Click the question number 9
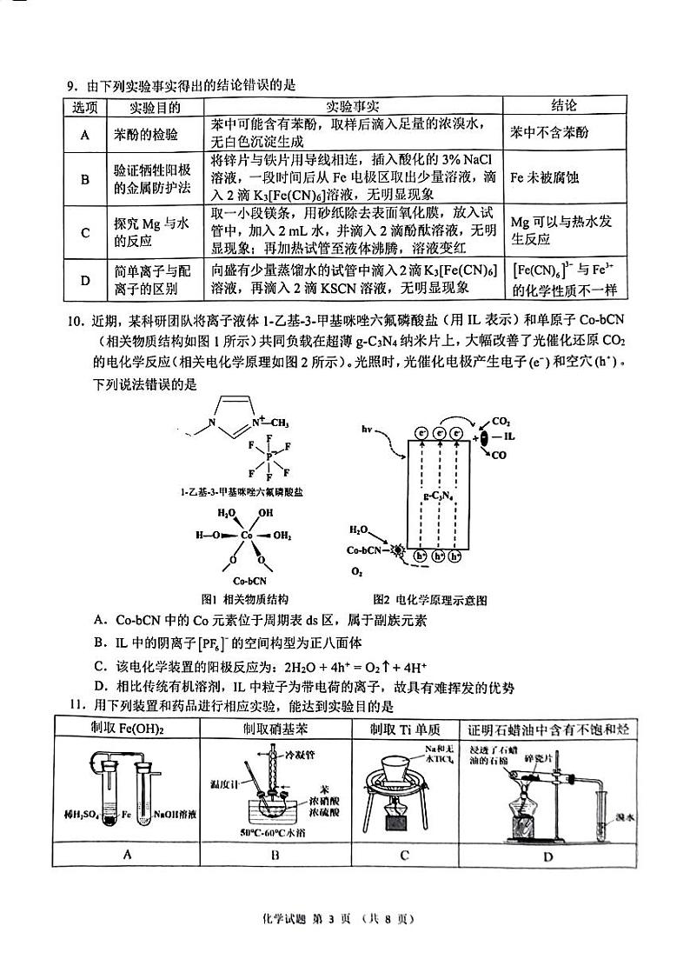[x=72, y=85]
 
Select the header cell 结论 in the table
[x=563, y=106]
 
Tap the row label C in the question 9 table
[x=85, y=232]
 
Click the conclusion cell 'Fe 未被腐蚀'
[x=544, y=178]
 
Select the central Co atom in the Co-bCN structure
[x=246, y=536]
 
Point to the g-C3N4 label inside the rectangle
[x=435, y=497]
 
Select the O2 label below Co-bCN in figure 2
[x=356, y=571]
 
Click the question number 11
[x=72, y=705]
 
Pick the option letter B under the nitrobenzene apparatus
[x=275, y=855]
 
